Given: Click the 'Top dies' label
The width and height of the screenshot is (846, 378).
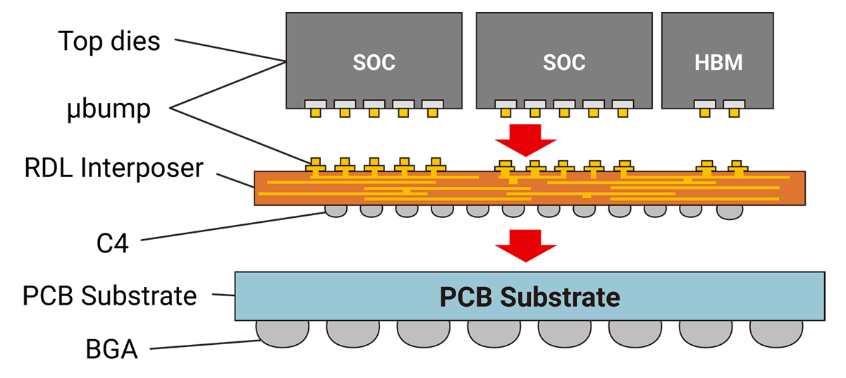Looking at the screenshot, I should tap(109, 41).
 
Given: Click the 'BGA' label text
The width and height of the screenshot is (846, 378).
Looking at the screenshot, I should tap(106, 349).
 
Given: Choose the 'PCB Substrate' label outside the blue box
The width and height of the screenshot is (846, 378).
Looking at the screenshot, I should tap(109, 295).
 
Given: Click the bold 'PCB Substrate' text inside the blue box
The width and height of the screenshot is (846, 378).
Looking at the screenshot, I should tap(529, 297).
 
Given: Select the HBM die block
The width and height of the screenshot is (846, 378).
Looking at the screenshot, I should tap(718, 61).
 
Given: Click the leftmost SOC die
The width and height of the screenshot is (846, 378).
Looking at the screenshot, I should tap(374, 61).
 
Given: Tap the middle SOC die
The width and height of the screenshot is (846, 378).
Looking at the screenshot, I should tap(564, 61).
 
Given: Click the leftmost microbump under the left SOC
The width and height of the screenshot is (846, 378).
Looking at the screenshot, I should tap(315, 109).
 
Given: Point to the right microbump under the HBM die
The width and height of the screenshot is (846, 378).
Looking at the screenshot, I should tap(735, 109).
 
